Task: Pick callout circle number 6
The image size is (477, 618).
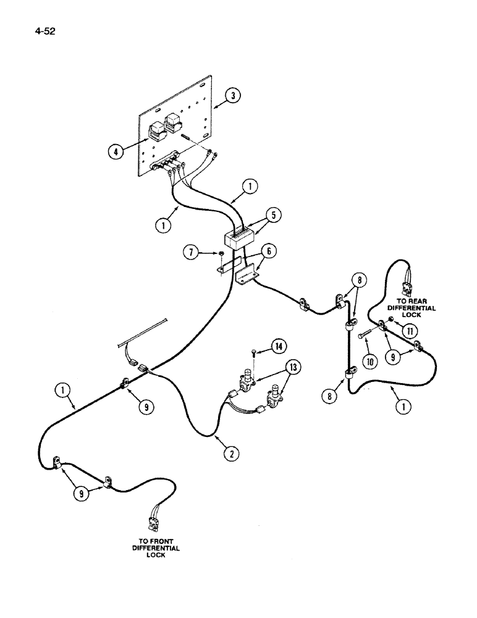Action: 271,252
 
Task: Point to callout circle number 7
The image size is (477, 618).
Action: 192,252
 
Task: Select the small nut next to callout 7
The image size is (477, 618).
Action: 219,253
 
